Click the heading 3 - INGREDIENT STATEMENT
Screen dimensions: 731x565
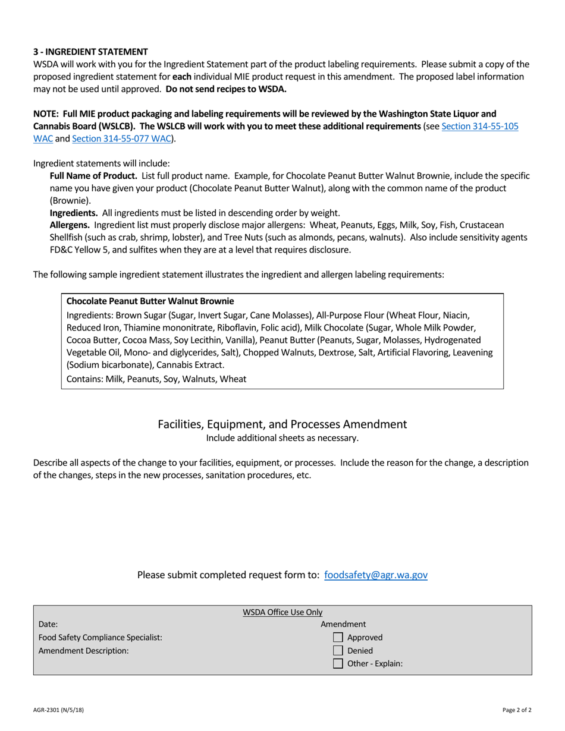[x=90, y=52]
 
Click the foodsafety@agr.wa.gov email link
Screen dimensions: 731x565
[x=376, y=575]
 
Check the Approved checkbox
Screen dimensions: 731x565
[x=338, y=638]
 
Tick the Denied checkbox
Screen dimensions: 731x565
[x=338, y=651]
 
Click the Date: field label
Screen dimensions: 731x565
[x=48, y=625]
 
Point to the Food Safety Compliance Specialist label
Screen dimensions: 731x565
[x=101, y=638]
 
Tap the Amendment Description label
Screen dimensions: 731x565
[x=84, y=651]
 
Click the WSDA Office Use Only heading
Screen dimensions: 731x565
[x=282, y=612]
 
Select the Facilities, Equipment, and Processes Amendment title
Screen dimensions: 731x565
[x=282, y=424]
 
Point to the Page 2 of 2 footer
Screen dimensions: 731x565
[x=517, y=710]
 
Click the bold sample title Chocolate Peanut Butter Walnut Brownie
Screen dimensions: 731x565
[x=150, y=301]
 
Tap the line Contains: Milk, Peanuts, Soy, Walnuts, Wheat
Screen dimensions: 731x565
[x=156, y=379]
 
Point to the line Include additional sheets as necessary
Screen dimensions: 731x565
[x=282, y=438]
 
